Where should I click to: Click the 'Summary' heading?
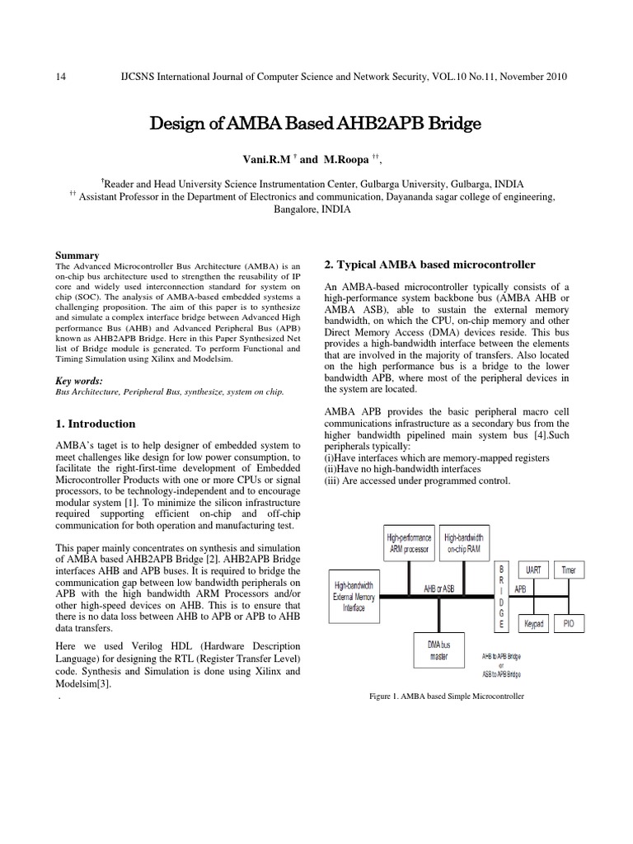click(x=76, y=256)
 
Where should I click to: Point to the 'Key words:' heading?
click(x=79, y=381)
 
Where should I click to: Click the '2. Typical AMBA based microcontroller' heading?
click(x=429, y=265)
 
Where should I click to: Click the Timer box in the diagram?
click(x=569, y=570)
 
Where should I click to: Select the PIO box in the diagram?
click(x=569, y=624)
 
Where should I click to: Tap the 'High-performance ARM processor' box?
click(x=409, y=542)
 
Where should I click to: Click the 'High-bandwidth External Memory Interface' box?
click(x=359, y=596)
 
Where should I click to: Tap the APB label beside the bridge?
click(x=519, y=590)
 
